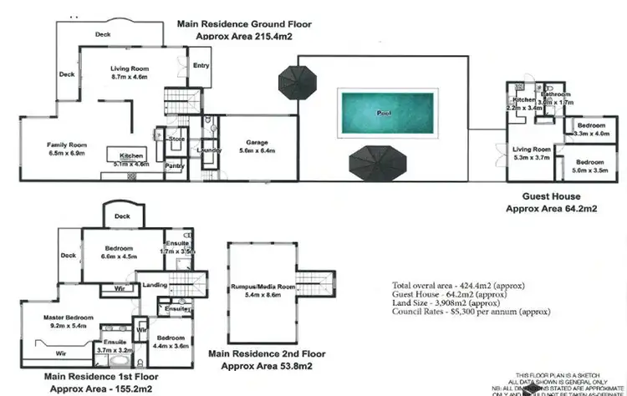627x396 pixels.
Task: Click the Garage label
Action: tap(257, 142)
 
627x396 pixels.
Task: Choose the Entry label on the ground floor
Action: tap(201, 66)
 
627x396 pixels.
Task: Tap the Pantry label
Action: tap(175, 166)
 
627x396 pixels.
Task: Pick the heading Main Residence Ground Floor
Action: tap(240, 25)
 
